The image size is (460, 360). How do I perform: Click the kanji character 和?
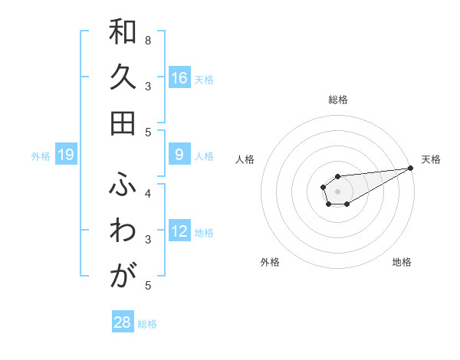[x=123, y=34]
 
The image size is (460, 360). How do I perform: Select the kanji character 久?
[x=123, y=78]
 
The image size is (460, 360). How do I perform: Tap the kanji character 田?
[x=123, y=123]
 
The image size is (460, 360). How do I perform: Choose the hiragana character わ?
[x=123, y=231]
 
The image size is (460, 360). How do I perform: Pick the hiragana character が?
[x=123, y=275]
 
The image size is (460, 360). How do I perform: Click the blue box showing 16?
[x=179, y=78]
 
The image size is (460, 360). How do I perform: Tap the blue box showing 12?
[x=179, y=231]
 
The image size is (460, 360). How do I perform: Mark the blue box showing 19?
[x=66, y=155]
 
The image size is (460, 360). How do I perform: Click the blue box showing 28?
[x=123, y=322]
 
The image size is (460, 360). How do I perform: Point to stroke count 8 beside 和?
[x=148, y=40]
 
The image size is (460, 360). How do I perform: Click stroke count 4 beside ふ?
[x=148, y=193]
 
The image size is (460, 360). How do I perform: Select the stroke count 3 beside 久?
[x=148, y=86]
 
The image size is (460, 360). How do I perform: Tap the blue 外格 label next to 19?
[x=41, y=156]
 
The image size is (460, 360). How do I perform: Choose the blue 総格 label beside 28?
[x=147, y=323]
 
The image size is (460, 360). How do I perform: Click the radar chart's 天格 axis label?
[x=431, y=159]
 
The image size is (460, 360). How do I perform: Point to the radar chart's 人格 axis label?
[x=245, y=159]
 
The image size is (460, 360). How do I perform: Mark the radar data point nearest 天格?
[x=410, y=168]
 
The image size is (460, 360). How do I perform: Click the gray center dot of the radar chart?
[x=337, y=190]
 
